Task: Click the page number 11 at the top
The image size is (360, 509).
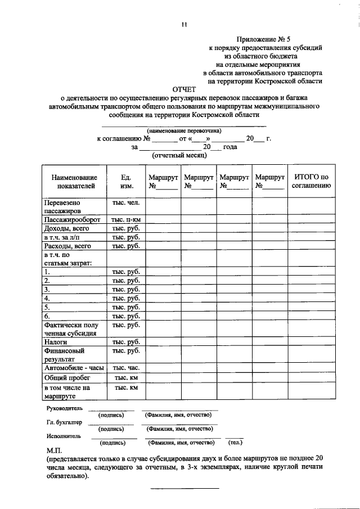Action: (183, 24)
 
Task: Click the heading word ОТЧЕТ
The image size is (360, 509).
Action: (183, 89)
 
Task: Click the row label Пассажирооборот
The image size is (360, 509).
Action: (72, 220)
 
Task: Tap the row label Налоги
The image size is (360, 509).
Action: (56, 341)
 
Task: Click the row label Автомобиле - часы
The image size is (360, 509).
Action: (74, 368)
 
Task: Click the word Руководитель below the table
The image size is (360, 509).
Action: (64, 408)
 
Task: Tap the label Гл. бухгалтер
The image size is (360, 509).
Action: (64, 422)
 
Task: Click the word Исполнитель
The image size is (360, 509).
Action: (63, 436)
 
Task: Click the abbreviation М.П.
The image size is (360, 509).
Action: (55, 452)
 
